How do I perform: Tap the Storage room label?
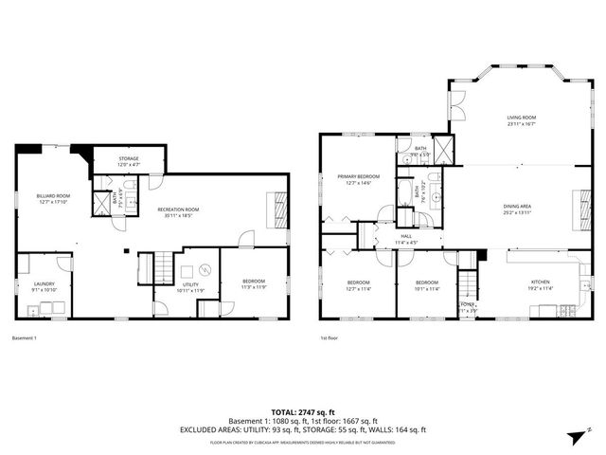(x=129, y=161)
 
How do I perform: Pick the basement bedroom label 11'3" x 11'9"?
(x=253, y=283)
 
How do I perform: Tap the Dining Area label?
(x=516, y=209)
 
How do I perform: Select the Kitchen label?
(x=540, y=284)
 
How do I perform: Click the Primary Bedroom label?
(x=359, y=179)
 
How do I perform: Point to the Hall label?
(x=405, y=238)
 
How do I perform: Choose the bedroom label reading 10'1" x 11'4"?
(x=427, y=285)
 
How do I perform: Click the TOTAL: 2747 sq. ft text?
(x=303, y=411)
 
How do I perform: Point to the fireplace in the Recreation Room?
(x=277, y=206)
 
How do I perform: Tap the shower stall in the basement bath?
(x=100, y=202)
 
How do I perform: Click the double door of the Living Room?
(x=458, y=106)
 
